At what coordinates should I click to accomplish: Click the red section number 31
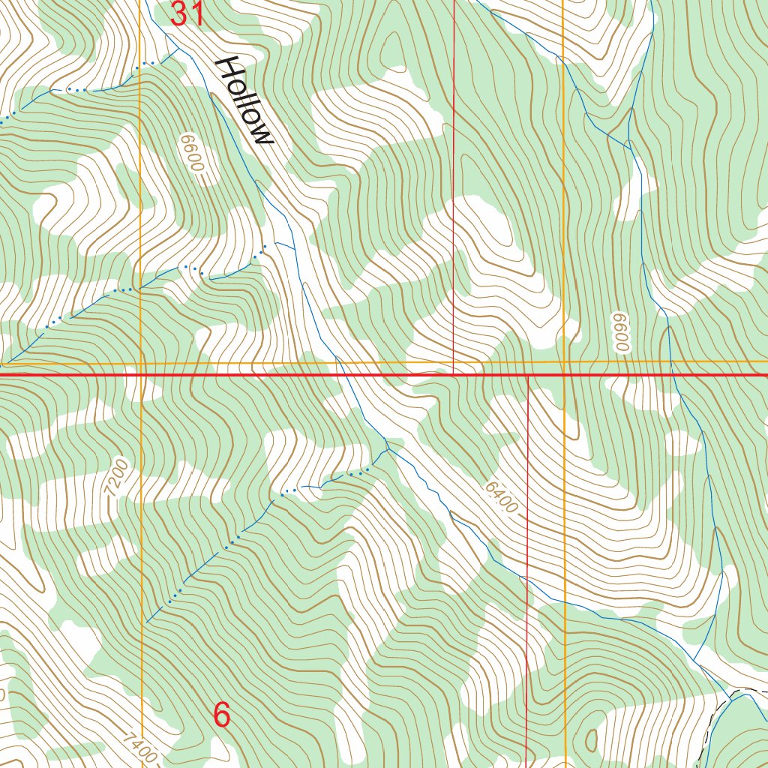[187, 13]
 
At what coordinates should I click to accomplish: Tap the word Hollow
[244, 100]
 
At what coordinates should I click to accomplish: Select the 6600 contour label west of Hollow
[191, 153]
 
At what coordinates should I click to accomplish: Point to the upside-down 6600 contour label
[619, 331]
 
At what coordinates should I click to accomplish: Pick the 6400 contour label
[500, 496]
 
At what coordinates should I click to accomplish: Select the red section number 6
[221, 715]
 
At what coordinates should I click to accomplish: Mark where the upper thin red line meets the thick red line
[453, 373]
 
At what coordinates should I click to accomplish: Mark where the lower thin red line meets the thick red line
[528, 374]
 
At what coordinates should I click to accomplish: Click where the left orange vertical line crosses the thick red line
[141, 373]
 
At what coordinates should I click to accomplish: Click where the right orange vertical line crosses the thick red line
[564, 373]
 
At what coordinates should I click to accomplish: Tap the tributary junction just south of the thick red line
[387, 449]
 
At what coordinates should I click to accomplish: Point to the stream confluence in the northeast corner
[628, 141]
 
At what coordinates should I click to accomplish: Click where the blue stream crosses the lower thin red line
[527, 580]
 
